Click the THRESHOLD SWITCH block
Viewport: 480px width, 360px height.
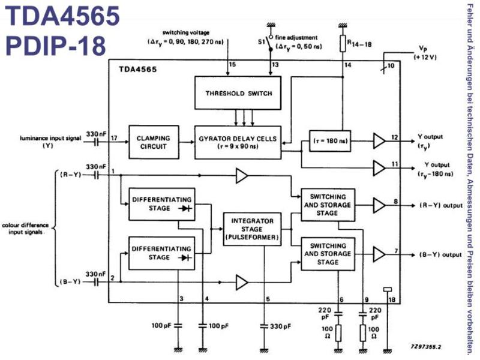tap(238, 93)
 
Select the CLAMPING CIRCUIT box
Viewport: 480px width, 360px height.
tap(154, 142)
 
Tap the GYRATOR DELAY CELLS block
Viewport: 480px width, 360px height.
tap(238, 142)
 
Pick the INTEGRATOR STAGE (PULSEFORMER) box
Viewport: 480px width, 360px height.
tap(252, 229)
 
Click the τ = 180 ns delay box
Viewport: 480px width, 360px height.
tap(330, 141)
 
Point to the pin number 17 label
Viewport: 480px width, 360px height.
tap(114, 138)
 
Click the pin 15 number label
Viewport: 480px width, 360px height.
tap(232, 64)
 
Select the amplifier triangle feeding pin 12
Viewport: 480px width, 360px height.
tap(379, 141)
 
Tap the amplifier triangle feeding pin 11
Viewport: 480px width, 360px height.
tap(379, 168)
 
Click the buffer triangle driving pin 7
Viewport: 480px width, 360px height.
tap(379, 254)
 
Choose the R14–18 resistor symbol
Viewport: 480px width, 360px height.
tap(343, 43)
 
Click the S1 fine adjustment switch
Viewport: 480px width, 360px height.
tap(269, 43)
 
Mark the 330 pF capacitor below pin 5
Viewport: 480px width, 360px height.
tap(264, 326)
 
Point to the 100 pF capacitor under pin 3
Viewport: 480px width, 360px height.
tap(178, 326)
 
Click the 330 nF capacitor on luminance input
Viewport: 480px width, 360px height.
tap(97, 142)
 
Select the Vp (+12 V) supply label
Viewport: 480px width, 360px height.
tap(425, 53)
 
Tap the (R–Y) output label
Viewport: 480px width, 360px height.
tap(441, 205)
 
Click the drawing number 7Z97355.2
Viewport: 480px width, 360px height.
tap(426, 347)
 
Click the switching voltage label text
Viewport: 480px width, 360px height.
tap(186, 32)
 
